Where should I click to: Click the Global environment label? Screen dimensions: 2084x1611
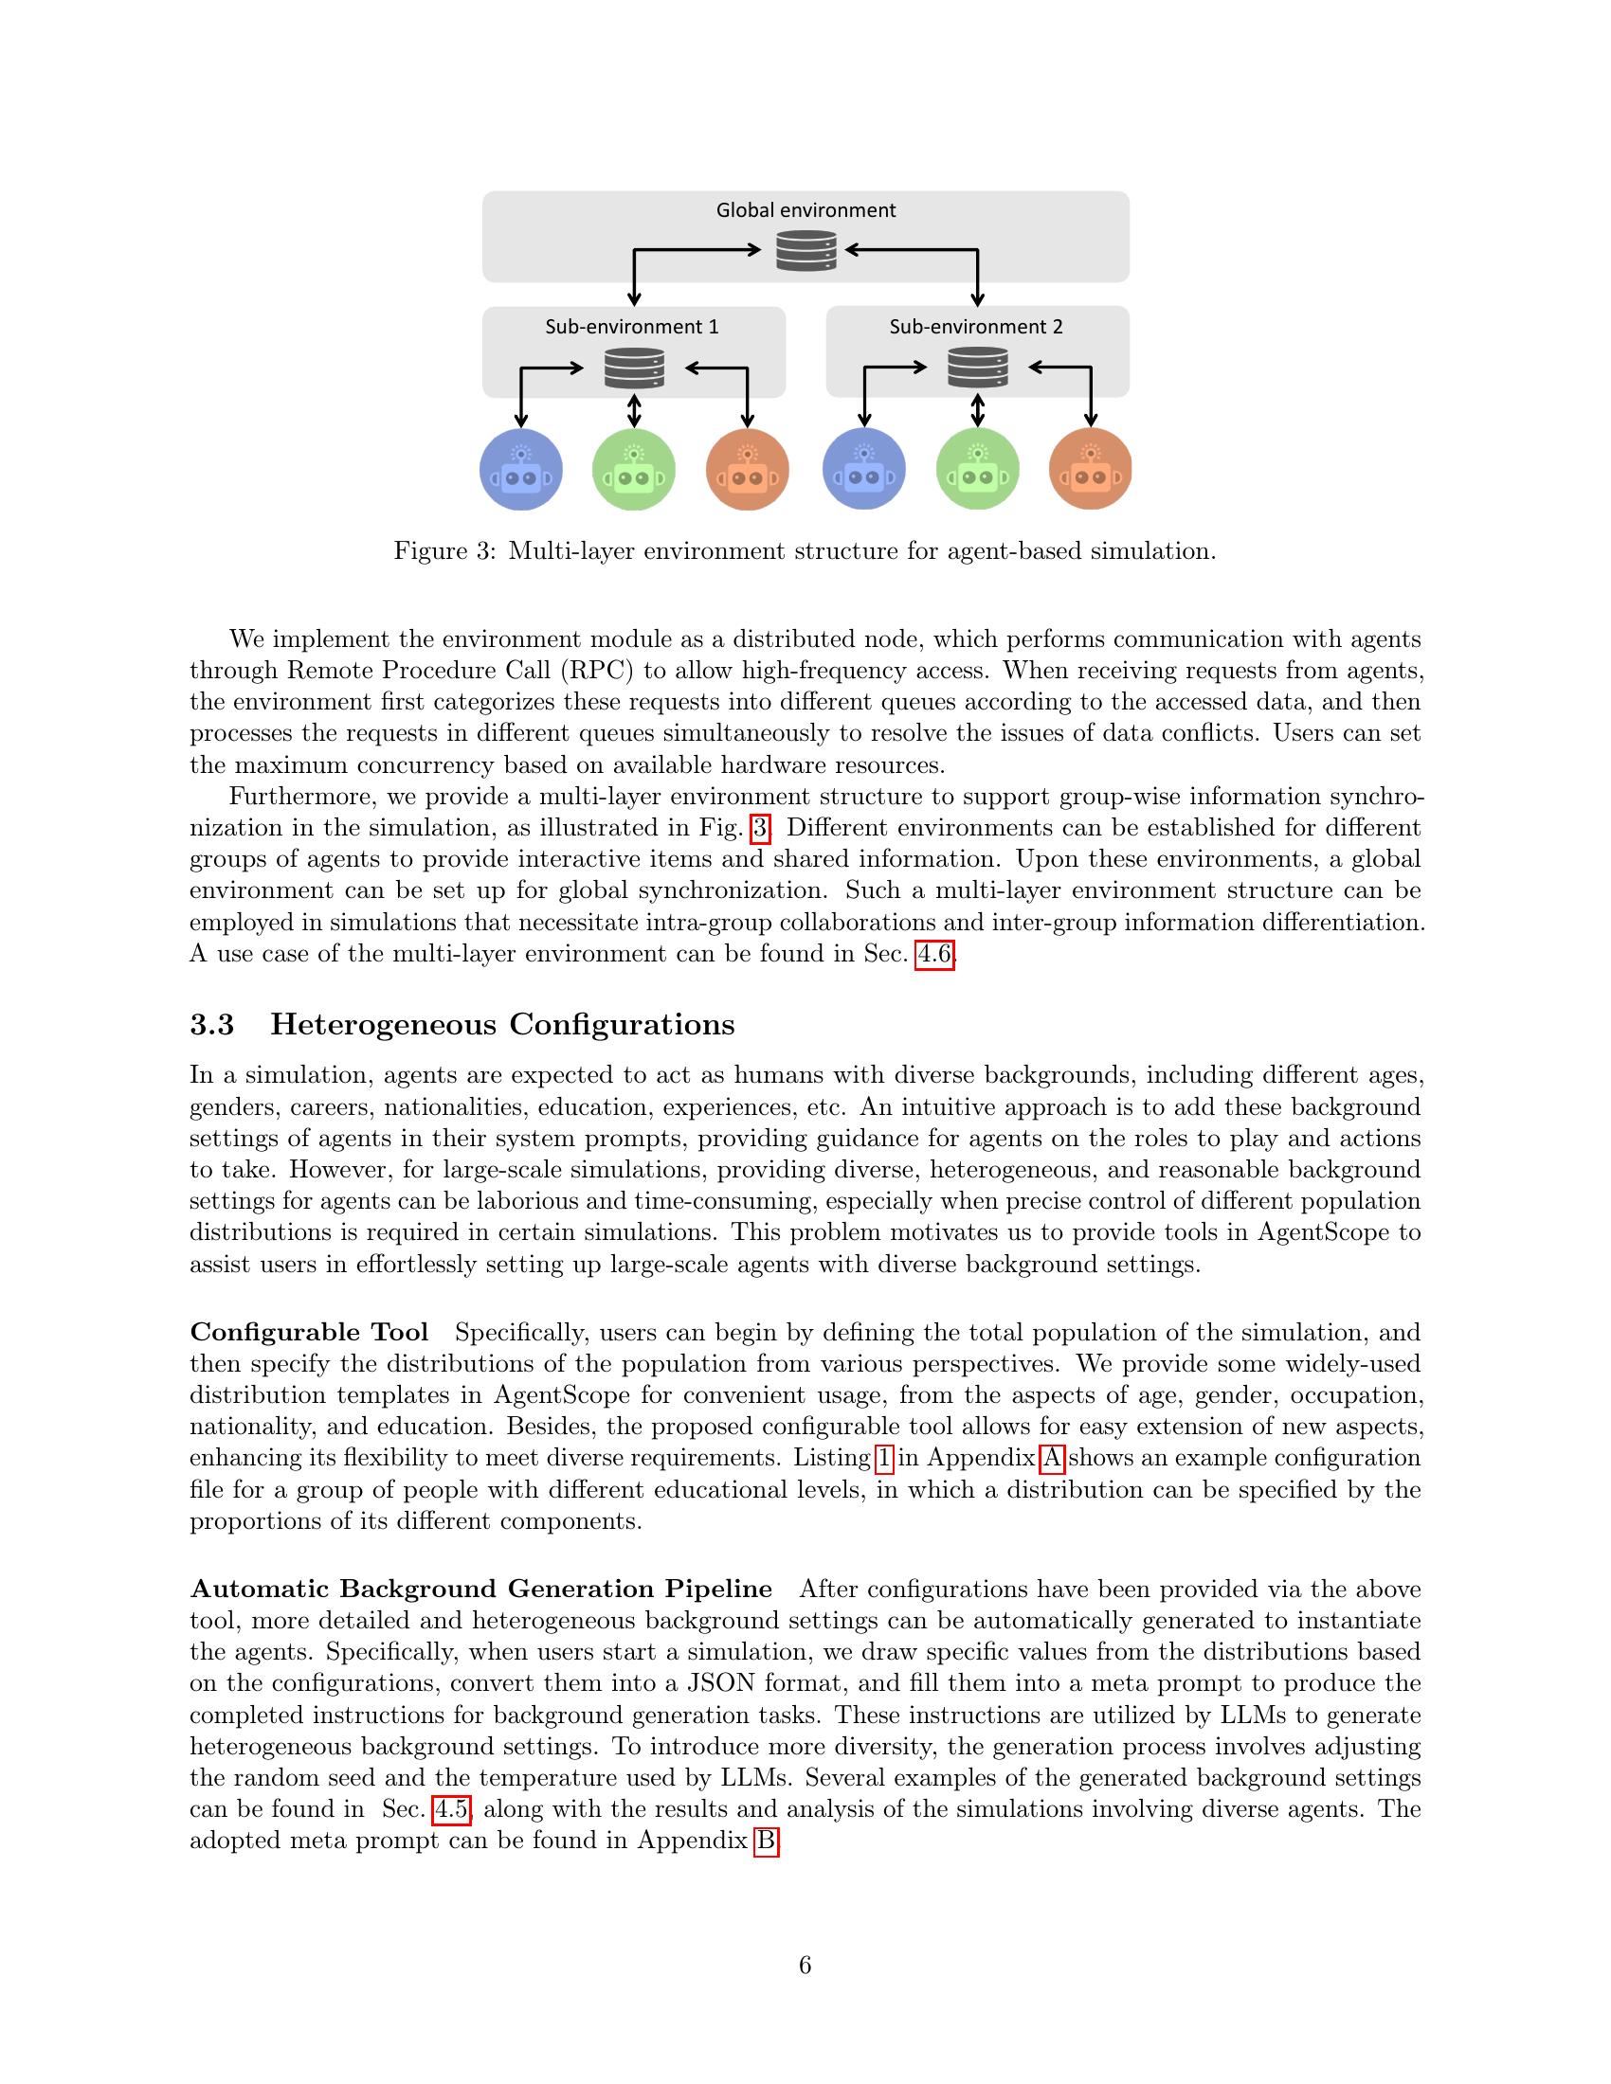805,210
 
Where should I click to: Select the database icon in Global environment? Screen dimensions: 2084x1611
805,251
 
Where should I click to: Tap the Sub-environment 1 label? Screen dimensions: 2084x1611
632,327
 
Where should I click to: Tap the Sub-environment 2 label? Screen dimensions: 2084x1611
975,327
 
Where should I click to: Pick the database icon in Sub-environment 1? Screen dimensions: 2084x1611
634,368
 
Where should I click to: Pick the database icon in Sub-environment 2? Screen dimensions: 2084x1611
977,368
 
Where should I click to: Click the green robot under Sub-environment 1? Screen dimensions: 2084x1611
634,470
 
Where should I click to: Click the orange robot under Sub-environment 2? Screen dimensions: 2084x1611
1090,470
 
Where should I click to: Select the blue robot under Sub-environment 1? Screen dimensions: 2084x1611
521,470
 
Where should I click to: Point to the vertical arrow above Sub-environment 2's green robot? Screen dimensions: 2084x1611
977,410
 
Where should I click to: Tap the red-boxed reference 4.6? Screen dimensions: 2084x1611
934,953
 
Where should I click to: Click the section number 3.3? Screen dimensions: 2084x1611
212,1024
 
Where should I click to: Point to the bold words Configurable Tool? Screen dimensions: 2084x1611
309,1332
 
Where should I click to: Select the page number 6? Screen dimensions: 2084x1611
805,1966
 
